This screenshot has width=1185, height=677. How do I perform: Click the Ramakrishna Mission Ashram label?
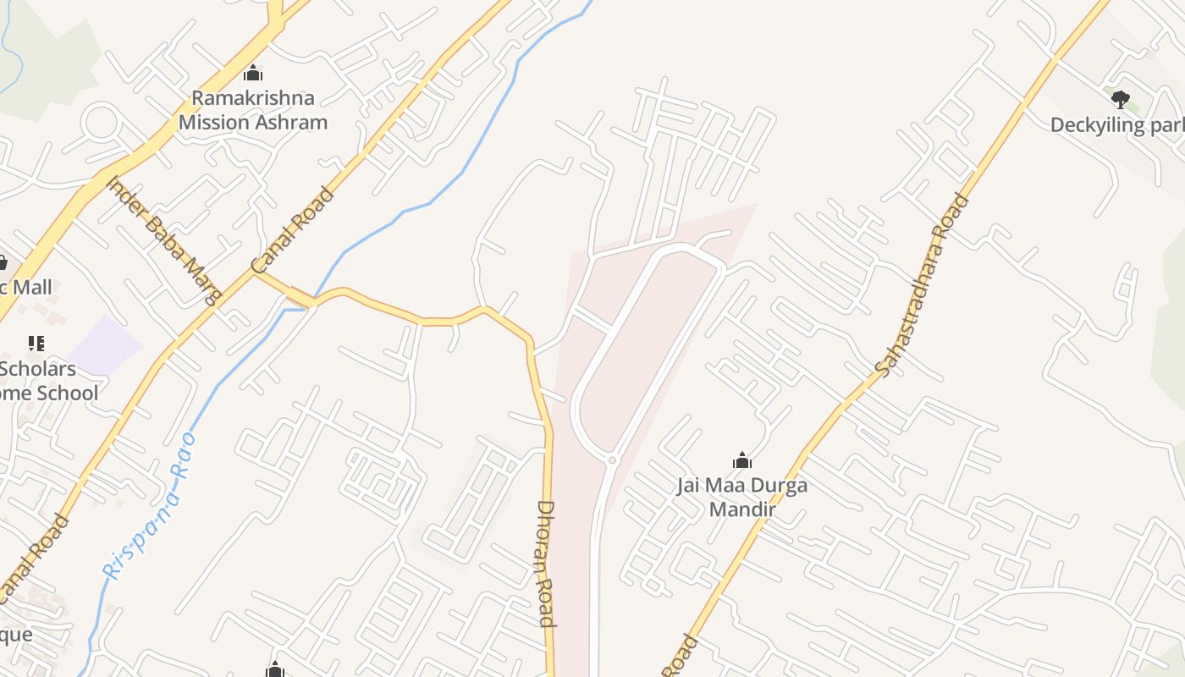click(252, 110)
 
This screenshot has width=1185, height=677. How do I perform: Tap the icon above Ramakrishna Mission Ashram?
click(252, 74)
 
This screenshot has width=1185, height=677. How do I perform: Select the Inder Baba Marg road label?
click(164, 239)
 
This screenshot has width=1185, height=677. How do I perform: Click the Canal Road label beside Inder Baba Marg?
click(294, 230)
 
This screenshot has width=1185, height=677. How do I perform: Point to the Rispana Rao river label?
click(149, 506)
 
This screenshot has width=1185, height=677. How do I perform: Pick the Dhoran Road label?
click(546, 563)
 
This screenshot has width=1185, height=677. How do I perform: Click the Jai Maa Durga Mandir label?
click(741, 497)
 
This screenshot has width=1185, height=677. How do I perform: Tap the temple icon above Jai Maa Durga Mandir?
click(741, 460)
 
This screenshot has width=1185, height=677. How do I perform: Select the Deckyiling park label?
click(1116, 125)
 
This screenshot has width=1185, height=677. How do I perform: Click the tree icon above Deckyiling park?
click(1121, 99)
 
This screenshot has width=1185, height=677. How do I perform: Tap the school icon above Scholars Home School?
click(36, 344)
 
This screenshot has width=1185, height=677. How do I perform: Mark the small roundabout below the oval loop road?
click(612, 460)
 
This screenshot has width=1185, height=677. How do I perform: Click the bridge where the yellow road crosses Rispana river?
click(300, 299)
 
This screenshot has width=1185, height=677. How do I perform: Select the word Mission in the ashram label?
click(215, 122)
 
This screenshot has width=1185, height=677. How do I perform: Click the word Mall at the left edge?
click(32, 287)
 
